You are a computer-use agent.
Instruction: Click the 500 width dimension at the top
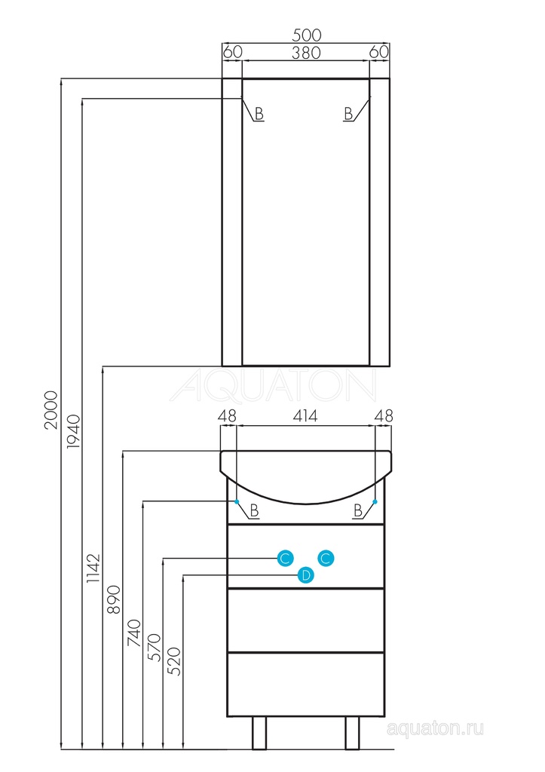(306, 35)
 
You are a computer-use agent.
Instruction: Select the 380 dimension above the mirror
(306, 52)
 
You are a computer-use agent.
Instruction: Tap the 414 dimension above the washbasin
(305, 416)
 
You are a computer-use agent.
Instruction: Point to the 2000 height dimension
(51, 409)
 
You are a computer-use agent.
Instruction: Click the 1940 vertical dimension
(72, 431)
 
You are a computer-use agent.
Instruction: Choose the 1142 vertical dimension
(93, 568)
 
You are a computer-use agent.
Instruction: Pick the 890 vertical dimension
(114, 599)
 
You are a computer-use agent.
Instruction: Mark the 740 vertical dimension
(134, 633)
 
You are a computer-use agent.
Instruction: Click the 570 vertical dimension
(154, 648)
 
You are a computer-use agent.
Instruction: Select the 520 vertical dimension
(174, 661)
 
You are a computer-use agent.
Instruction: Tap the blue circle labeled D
(306, 575)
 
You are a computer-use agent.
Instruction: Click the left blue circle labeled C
(285, 559)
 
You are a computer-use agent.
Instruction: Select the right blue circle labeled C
(326, 559)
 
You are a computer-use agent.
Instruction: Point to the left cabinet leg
(259, 733)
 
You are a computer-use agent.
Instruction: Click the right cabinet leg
(352, 733)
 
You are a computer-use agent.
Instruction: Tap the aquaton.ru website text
(435, 728)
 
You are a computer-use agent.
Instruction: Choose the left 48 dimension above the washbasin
(228, 416)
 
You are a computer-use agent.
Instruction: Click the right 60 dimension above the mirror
(380, 52)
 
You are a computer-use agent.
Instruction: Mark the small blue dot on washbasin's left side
(237, 501)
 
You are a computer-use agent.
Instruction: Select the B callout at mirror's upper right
(348, 115)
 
